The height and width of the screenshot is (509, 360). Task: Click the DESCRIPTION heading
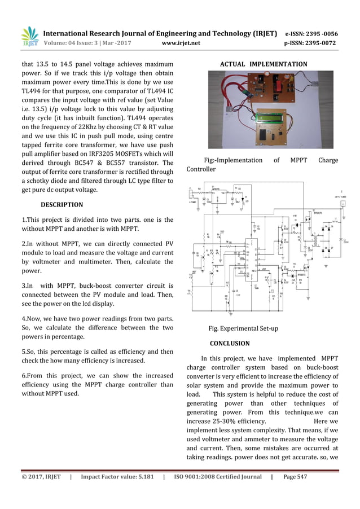62,205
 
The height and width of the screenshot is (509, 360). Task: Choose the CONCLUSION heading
230,343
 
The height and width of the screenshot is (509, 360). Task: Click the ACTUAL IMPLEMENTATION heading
263,64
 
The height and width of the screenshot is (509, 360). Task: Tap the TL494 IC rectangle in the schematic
249,257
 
